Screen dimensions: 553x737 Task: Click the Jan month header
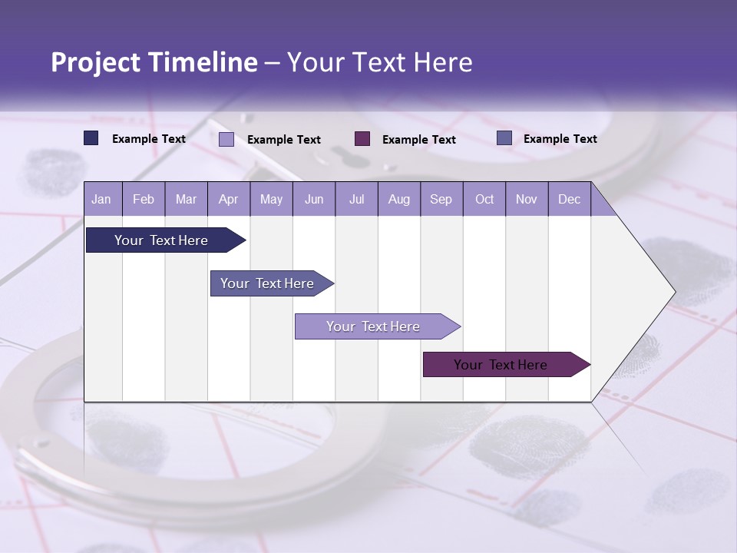point(101,199)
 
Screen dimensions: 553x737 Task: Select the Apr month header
point(228,199)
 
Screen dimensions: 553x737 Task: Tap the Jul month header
point(356,199)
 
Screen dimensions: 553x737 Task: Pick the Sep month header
point(441,199)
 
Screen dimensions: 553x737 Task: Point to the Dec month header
point(569,199)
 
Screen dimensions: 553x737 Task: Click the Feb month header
point(144,199)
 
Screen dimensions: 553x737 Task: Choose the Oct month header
point(484,199)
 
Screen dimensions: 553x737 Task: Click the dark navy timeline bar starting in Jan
point(161,240)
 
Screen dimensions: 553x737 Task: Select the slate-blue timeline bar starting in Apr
point(267,283)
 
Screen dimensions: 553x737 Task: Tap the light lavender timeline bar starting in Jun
point(373,326)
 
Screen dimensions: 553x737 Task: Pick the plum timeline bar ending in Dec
point(501,365)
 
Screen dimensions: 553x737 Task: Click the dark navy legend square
point(91,138)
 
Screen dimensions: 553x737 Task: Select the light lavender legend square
point(226,139)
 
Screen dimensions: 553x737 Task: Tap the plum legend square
point(362,138)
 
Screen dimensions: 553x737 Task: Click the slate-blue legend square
point(504,138)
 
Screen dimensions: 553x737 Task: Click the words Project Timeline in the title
point(154,62)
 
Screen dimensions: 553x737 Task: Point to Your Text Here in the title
point(380,62)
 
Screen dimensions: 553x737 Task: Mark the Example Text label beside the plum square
point(418,139)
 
